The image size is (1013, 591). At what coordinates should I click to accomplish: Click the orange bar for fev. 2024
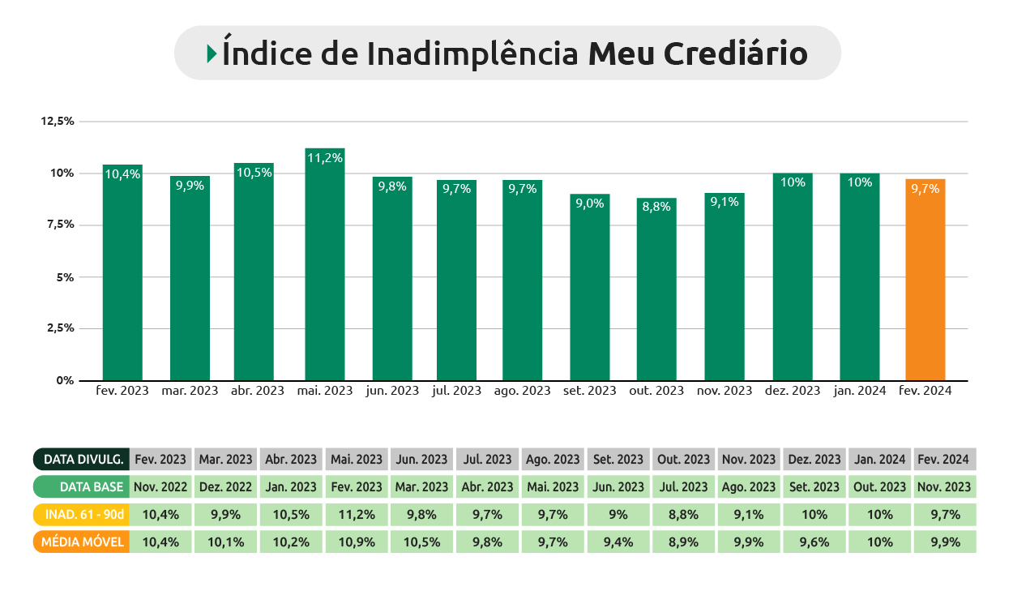(925, 280)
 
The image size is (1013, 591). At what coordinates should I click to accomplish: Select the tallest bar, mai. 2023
(325, 264)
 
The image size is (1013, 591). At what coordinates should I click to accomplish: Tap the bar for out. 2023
(656, 289)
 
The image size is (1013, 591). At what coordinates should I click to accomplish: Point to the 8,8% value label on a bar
(656, 207)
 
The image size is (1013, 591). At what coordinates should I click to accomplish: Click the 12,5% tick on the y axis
(57, 121)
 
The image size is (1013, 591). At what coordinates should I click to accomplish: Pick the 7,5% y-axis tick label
(58, 225)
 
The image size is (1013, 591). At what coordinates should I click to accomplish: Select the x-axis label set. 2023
(590, 391)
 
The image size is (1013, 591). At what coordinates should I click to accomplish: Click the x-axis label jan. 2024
(860, 391)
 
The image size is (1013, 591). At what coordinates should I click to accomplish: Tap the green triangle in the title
(212, 54)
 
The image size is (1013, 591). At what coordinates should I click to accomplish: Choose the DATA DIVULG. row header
(81, 460)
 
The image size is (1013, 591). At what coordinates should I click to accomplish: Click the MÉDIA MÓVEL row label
(81, 542)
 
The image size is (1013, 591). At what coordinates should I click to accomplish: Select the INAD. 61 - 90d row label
(81, 515)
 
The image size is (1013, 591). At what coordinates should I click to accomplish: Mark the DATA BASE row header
(81, 487)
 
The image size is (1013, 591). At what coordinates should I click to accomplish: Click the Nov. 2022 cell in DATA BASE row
(160, 487)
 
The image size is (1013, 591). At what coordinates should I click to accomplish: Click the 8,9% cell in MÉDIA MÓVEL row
(686, 542)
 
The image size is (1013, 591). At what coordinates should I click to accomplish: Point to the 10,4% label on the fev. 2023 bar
(123, 173)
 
